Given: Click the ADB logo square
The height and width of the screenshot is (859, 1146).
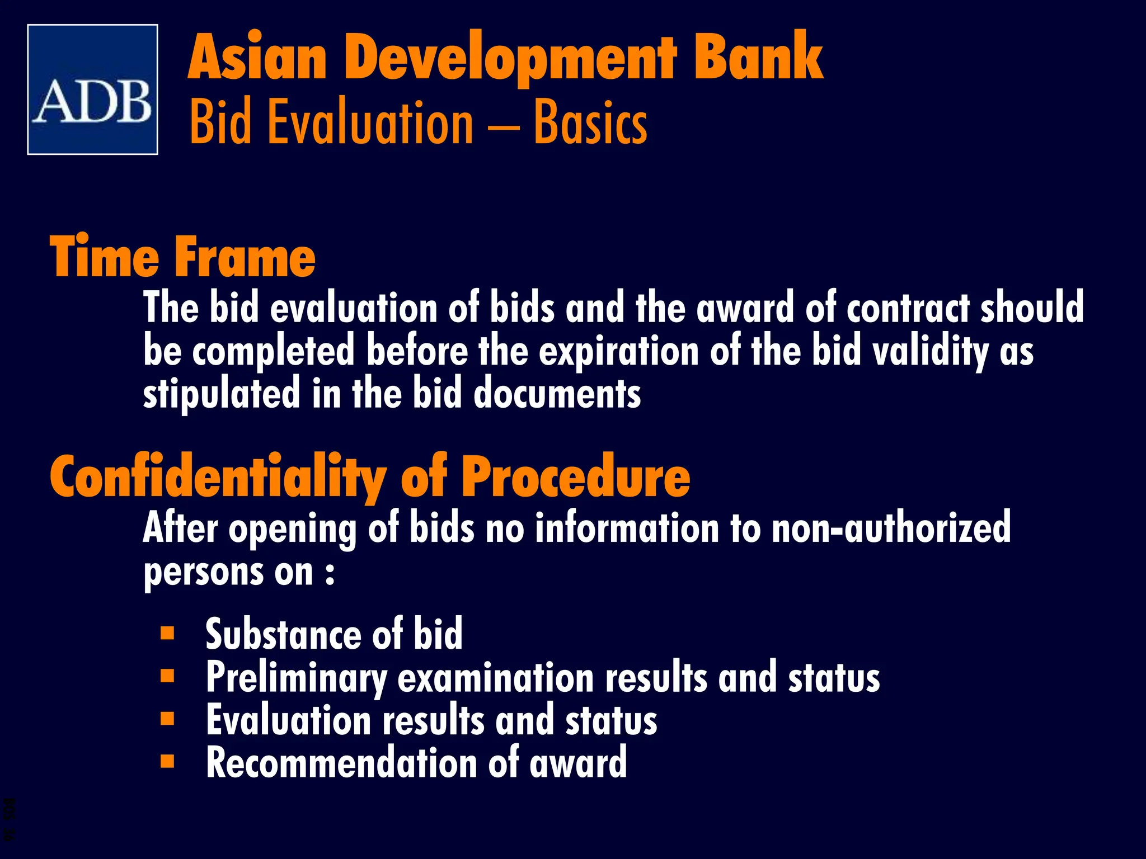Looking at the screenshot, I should click(x=92, y=89).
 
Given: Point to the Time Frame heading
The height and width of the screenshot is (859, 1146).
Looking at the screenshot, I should click(x=182, y=257).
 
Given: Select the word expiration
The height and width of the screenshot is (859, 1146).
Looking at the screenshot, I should click(x=619, y=352).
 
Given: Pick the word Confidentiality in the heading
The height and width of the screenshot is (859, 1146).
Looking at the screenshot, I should click(x=218, y=477).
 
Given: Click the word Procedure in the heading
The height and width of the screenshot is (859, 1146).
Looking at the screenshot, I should click(x=576, y=477).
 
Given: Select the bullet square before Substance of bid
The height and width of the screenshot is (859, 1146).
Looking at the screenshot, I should click(x=167, y=633).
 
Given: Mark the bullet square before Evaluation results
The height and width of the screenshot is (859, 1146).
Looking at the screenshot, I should click(x=167, y=719).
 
